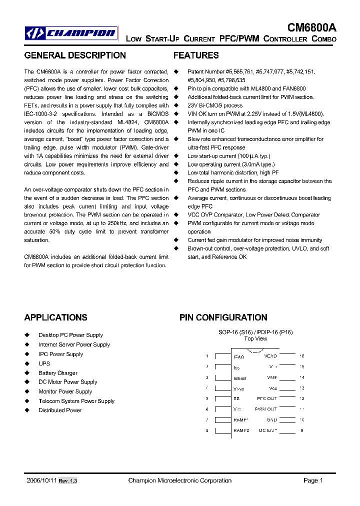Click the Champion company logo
pyautogui.click(x=71, y=33)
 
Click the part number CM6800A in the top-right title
pyautogui.click(x=311, y=28)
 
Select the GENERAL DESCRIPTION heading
pyautogui.click(x=75, y=55)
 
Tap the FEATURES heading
pyautogui.click(x=196, y=55)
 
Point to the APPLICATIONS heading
pyautogui.click(x=55, y=317)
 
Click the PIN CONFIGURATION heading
pyautogui.click(x=223, y=317)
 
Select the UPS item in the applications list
pyautogui.click(x=44, y=363)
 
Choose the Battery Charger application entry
pyautogui.click(x=58, y=373)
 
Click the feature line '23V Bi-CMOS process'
pyautogui.click(x=215, y=105)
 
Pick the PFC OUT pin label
pyautogui.click(x=266, y=398)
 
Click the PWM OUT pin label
pyautogui.click(x=265, y=409)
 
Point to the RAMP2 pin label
pyautogui.click(x=241, y=430)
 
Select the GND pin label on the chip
pyautogui.click(x=271, y=420)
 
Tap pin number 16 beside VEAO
pyautogui.click(x=301, y=356)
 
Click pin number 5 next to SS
pyautogui.click(x=207, y=398)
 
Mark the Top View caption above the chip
pyautogui.click(x=255, y=338)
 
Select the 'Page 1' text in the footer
pyautogui.click(x=313, y=480)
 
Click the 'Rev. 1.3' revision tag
pyautogui.click(x=68, y=481)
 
